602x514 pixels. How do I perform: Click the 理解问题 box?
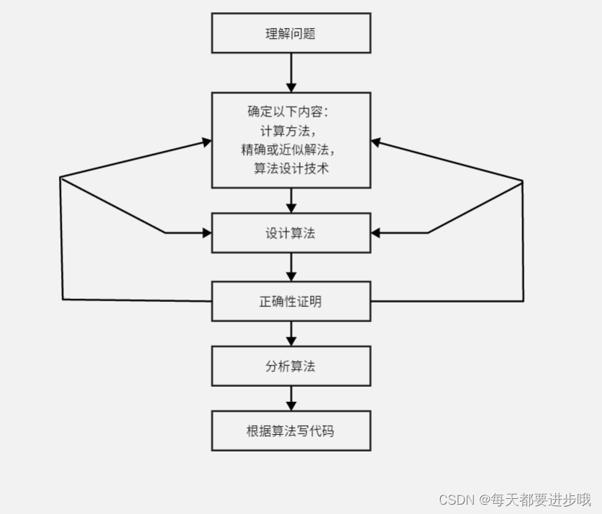[x=291, y=33]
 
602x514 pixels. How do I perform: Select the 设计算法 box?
[x=291, y=233]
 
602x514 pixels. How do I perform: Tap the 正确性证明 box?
[x=291, y=301]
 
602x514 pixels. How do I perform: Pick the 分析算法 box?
[x=291, y=366]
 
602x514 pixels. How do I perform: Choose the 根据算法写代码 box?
[x=291, y=431]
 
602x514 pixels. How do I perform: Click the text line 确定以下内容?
[x=291, y=113]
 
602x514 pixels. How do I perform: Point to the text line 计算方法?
[x=288, y=131]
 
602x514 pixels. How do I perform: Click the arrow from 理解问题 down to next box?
[x=291, y=73]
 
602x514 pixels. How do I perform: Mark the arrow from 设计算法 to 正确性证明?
[x=291, y=267]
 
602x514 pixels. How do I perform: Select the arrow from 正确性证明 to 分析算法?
[x=291, y=333]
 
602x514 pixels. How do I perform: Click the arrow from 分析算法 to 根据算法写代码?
[x=291, y=398]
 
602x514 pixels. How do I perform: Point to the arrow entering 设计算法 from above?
[x=291, y=201]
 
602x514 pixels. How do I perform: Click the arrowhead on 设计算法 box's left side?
[x=207, y=233]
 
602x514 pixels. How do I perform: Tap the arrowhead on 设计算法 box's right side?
[x=375, y=233]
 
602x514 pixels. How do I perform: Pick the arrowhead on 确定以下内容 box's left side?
[x=207, y=142]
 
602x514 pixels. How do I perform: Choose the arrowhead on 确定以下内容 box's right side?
[x=375, y=142]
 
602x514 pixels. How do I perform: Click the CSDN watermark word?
[x=455, y=499]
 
